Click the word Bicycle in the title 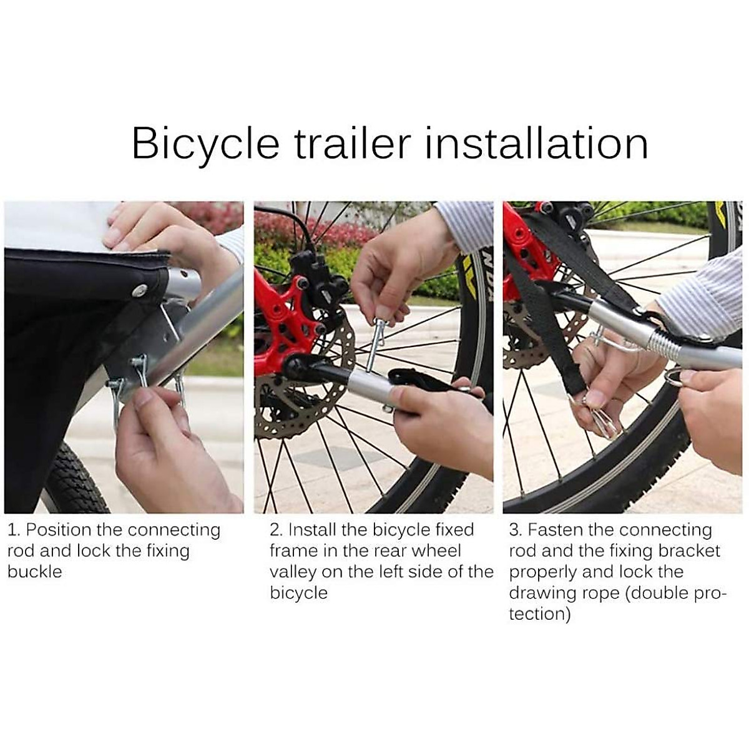205,144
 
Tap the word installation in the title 536,144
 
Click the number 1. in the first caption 14,531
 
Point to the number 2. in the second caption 277,531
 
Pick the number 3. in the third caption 516,531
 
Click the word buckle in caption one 35,572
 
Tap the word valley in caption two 293,572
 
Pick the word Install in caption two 312,531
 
